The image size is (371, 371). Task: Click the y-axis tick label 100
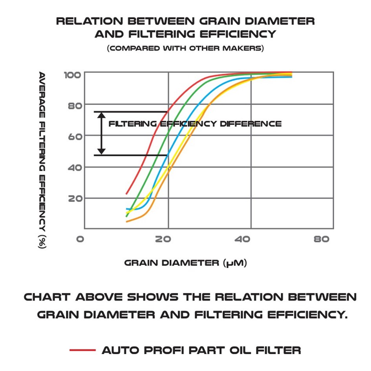coord(72,75)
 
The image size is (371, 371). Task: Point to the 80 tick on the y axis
coord(75,105)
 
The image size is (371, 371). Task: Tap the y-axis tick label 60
coord(75,136)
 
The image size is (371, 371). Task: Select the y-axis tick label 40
coord(75,167)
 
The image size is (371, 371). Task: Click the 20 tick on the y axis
coord(75,198)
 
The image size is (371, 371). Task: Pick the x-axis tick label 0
coord(80,239)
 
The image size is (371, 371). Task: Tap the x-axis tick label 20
coord(163,239)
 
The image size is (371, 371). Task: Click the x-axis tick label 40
coord(244,239)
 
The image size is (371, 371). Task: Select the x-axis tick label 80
coord(322,239)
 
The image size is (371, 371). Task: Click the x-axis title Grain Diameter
coord(185,263)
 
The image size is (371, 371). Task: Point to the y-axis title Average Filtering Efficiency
coord(42,160)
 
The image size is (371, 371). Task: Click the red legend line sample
coord(82,350)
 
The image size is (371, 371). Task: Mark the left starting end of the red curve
coord(126,193)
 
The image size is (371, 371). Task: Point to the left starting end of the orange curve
coord(126,222)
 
